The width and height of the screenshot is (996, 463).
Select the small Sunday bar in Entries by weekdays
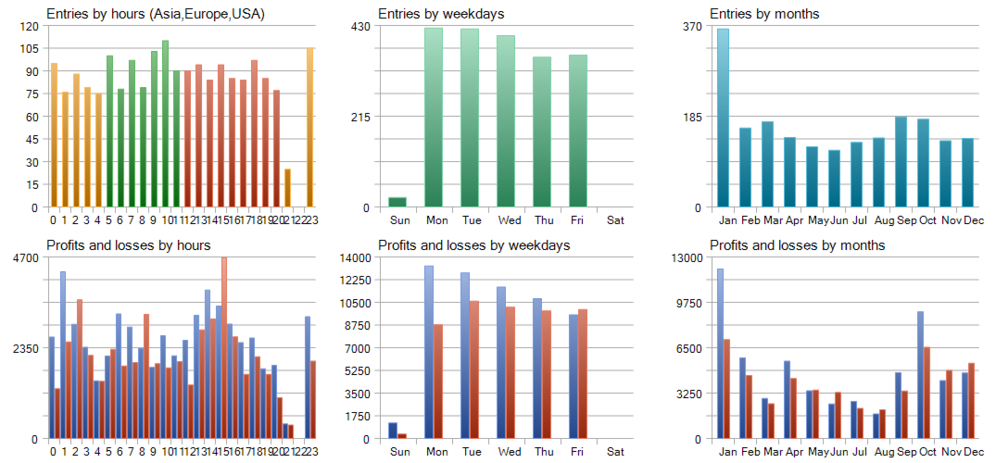[397, 202]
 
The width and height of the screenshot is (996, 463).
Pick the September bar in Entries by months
[901, 161]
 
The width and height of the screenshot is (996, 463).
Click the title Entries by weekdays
[428, 14]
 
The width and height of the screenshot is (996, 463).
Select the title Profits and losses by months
[797, 245]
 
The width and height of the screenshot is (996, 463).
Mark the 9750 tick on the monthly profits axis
[687, 303]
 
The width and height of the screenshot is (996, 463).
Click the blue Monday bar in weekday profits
[429, 352]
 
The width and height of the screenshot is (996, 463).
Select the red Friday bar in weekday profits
[583, 373]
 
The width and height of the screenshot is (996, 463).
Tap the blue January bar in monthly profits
[720, 353]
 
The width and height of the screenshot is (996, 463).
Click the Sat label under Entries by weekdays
[615, 220]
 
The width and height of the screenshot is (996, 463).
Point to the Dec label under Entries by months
[974, 220]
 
